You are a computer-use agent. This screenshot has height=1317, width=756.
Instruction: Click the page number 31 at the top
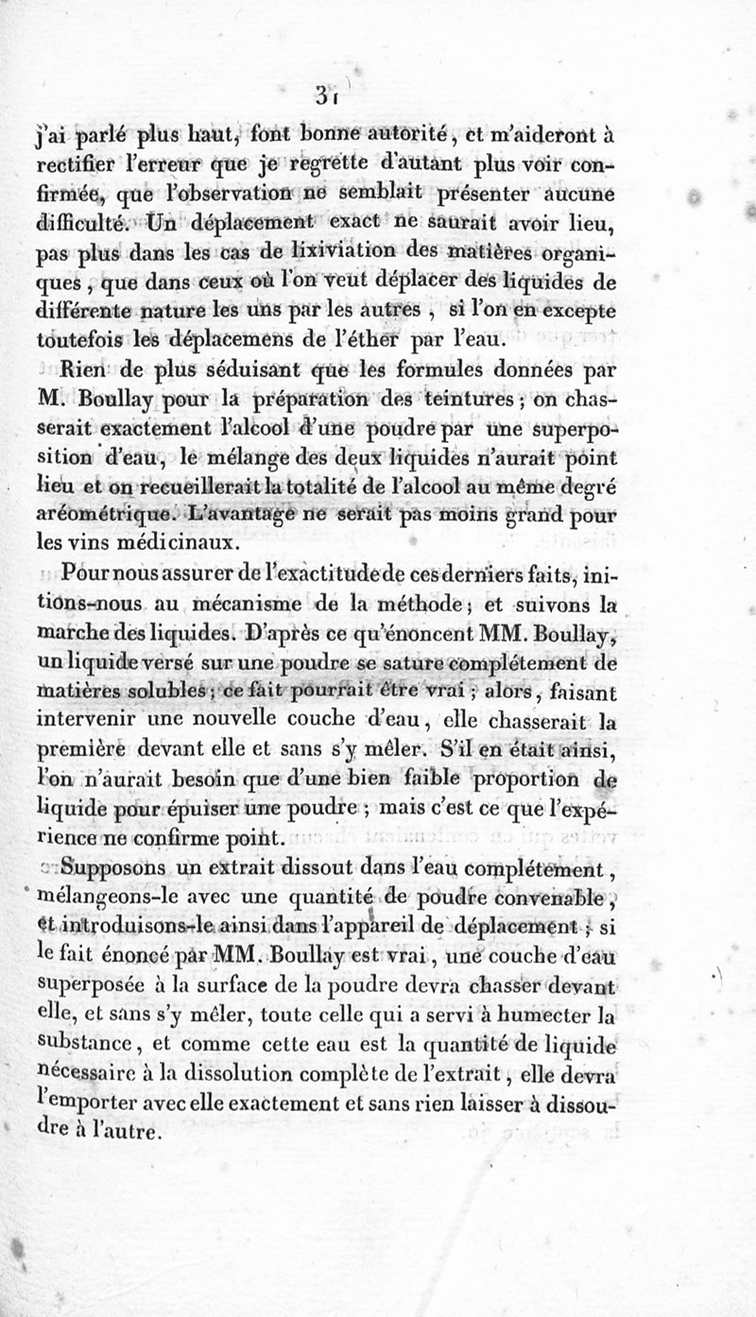(x=327, y=95)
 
